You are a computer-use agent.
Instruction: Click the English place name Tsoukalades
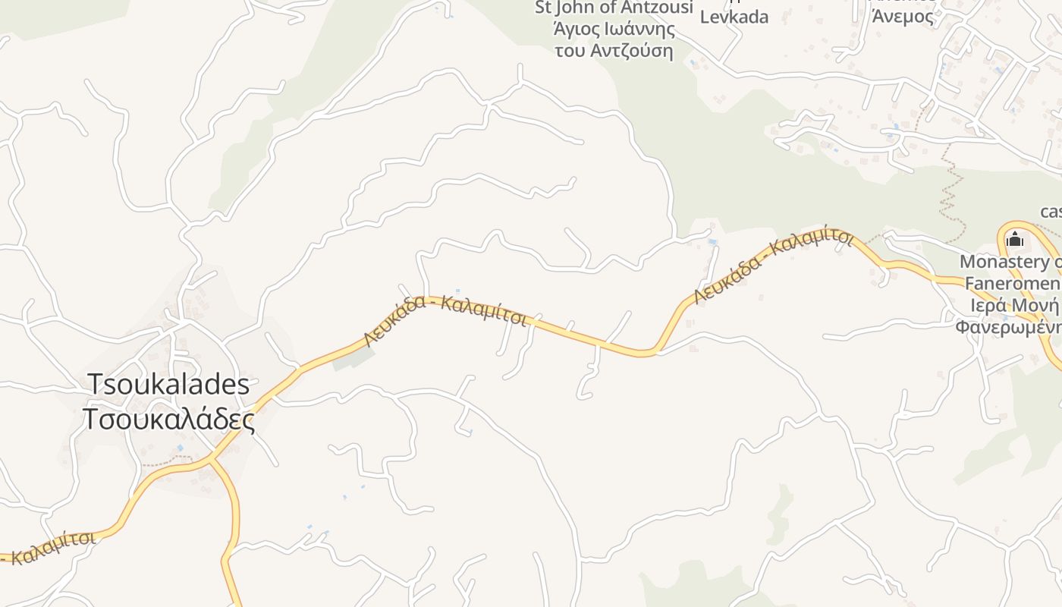(x=168, y=384)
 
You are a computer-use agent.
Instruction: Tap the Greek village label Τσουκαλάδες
(x=168, y=419)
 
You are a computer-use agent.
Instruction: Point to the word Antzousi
(x=658, y=8)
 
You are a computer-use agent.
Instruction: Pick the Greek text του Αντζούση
(x=614, y=51)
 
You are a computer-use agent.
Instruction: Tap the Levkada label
(x=734, y=17)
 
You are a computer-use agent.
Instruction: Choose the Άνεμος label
(x=903, y=16)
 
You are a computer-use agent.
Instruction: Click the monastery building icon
(x=1014, y=240)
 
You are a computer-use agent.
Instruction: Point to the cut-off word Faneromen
(x=1013, y=284)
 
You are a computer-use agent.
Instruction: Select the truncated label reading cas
(x=1050, y=211)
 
